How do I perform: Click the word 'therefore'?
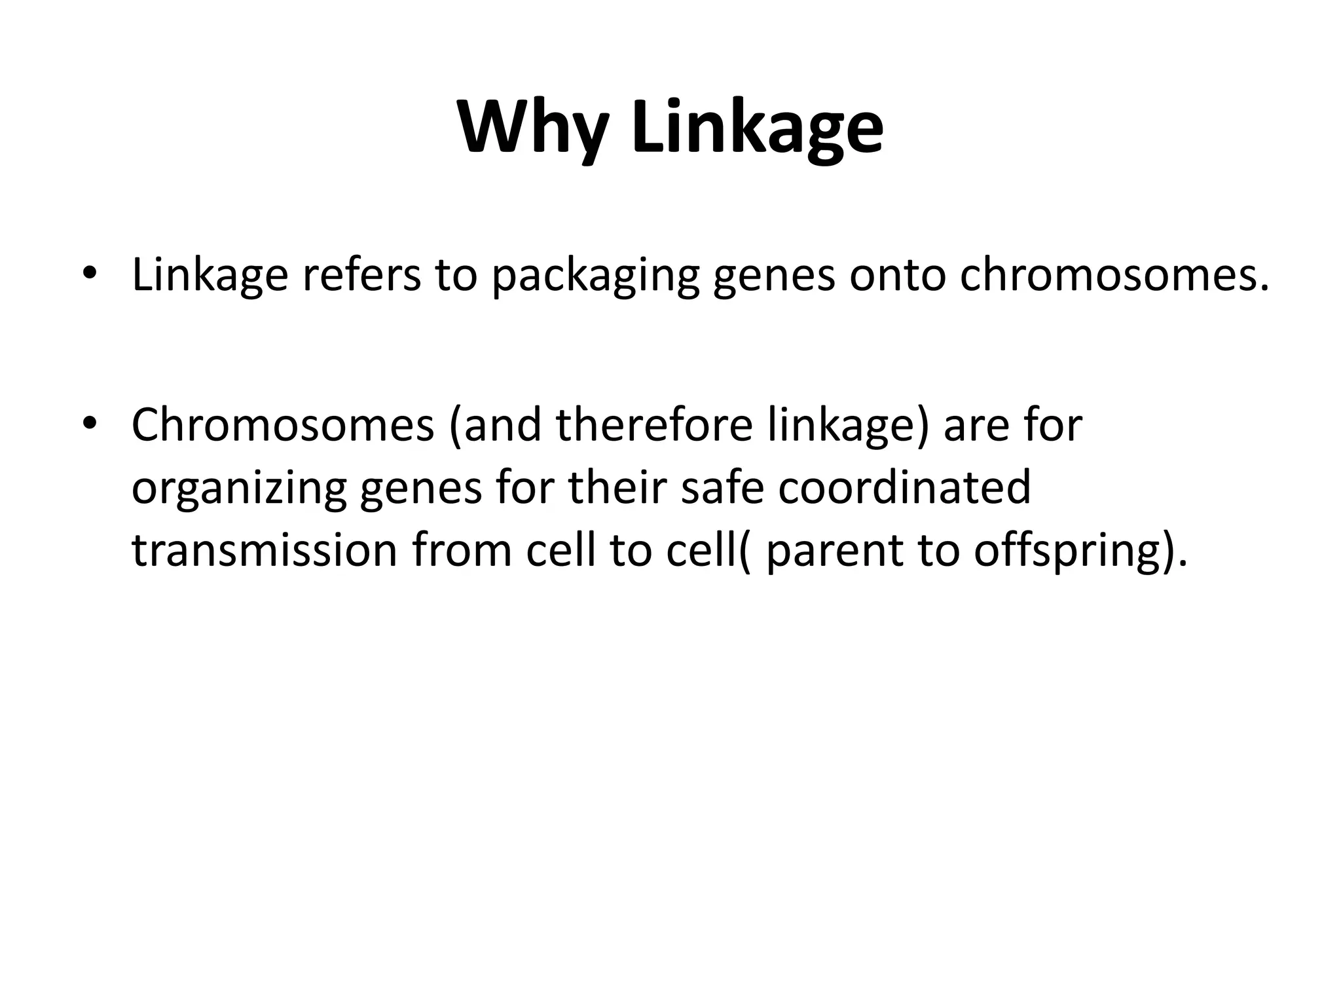pos(655,424)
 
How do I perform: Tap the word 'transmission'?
pos(265,550)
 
